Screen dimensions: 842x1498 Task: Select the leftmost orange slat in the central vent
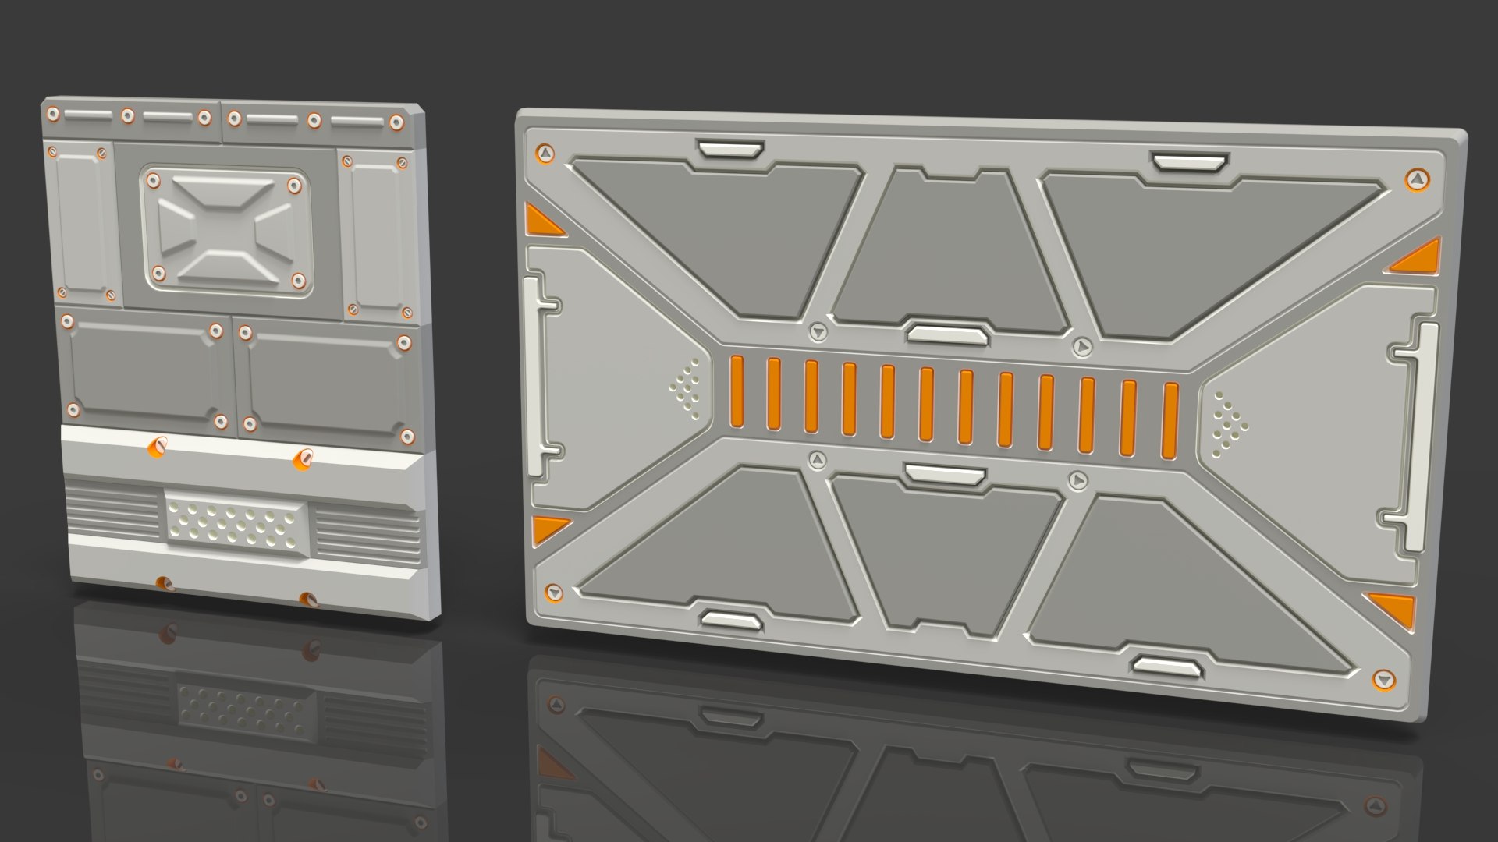(736, 392)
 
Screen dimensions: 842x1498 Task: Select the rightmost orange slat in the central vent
(1170, 420)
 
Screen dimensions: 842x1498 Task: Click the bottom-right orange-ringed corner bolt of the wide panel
(1382, 679)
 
